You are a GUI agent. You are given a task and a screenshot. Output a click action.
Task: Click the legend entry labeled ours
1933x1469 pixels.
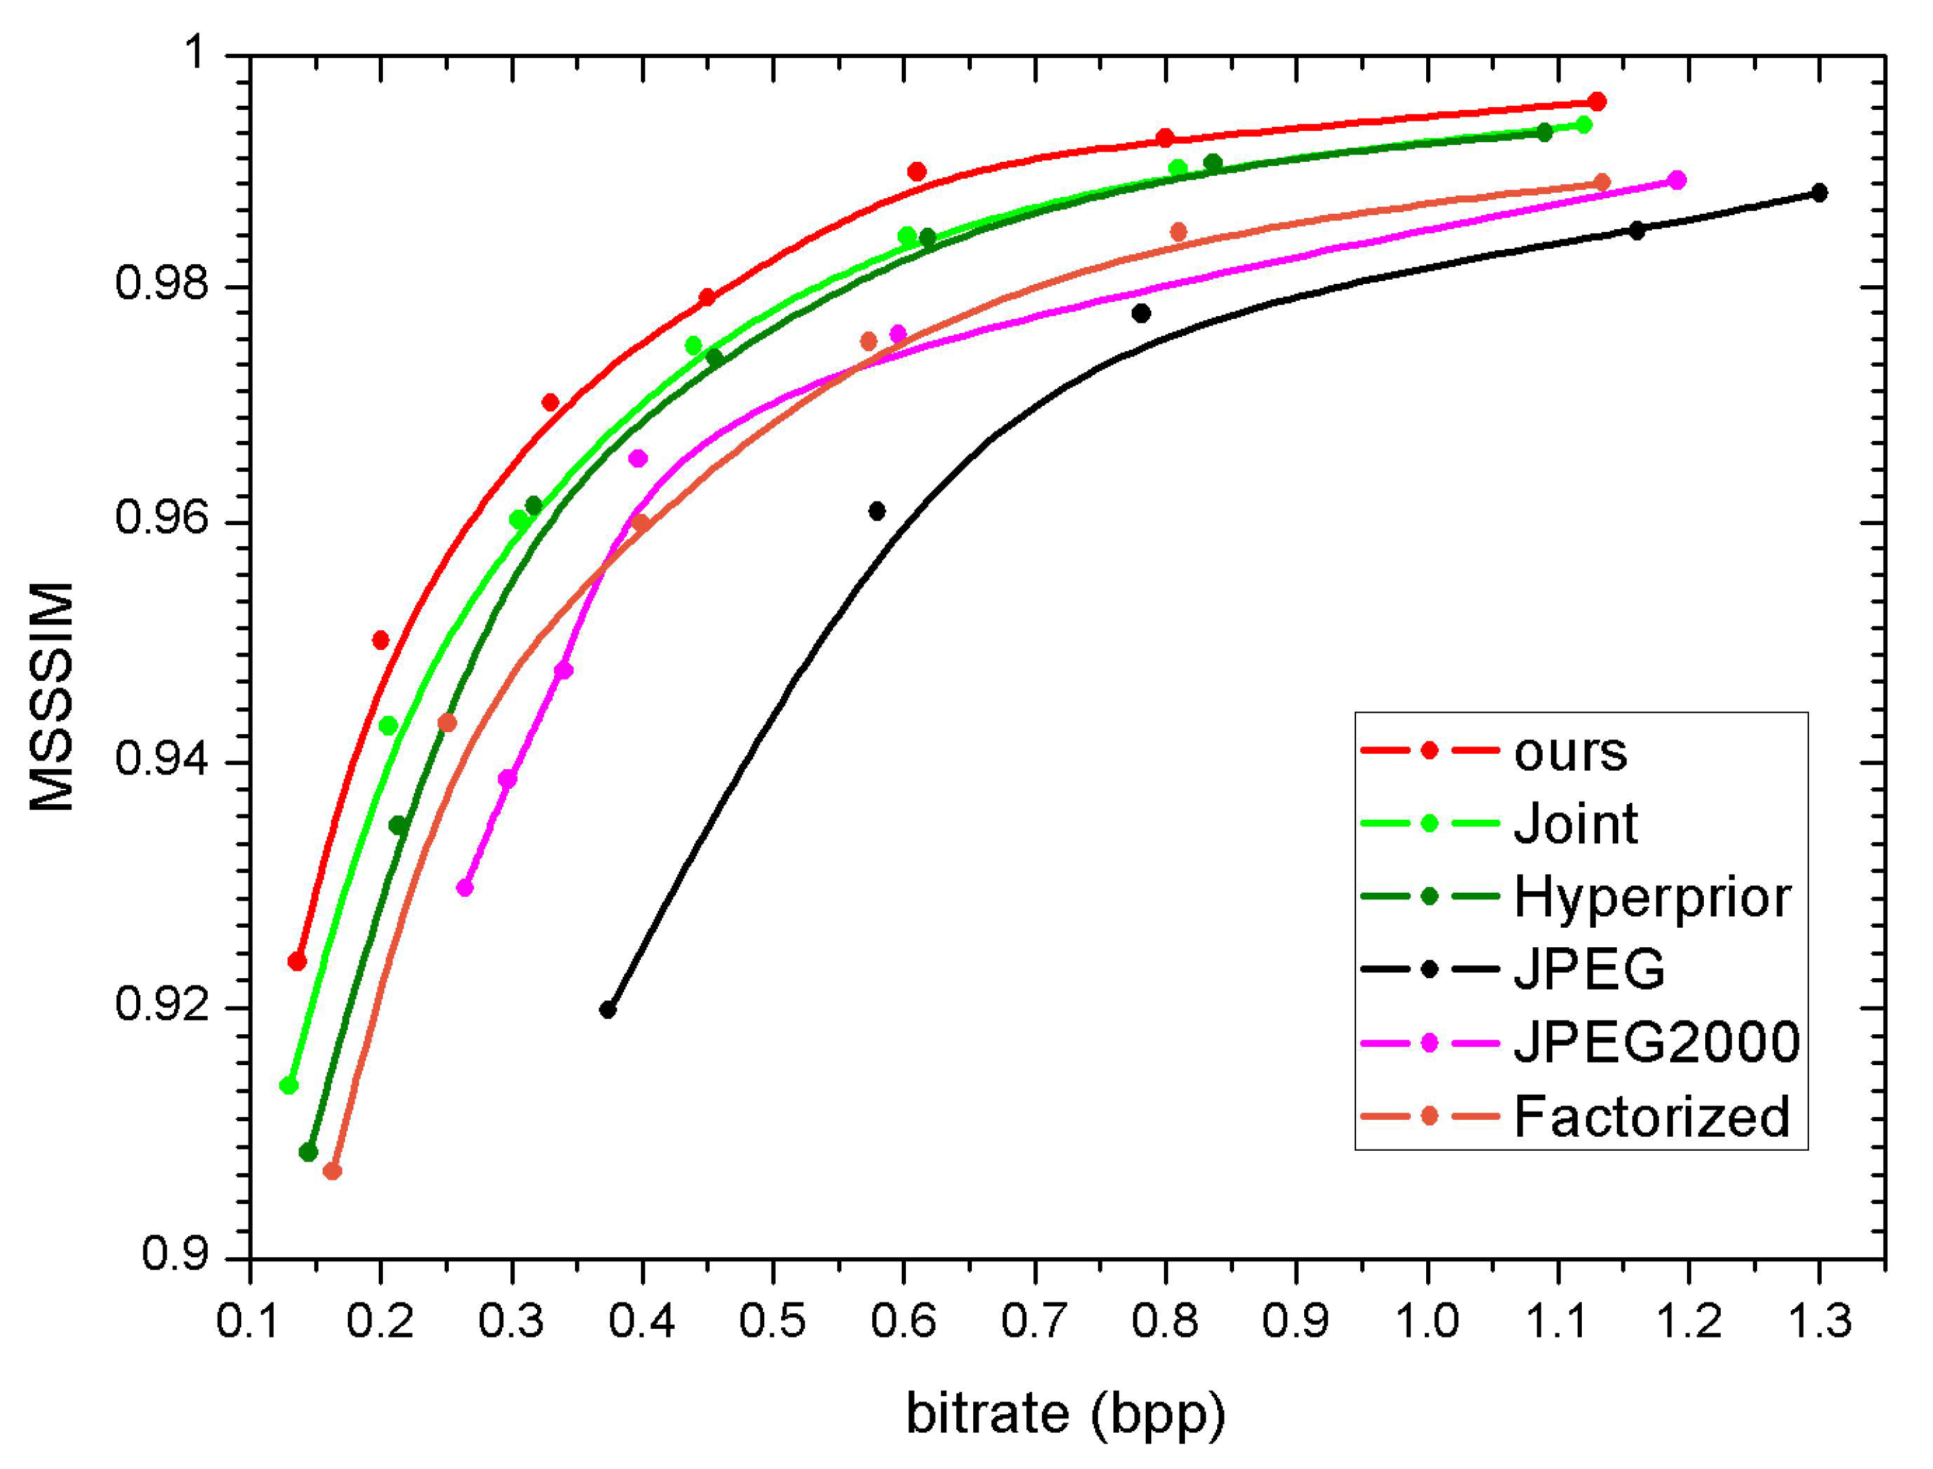[1569, 752]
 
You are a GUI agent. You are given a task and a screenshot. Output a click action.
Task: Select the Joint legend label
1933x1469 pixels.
[1574, 825]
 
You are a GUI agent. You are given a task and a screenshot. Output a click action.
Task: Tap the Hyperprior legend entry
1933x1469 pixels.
[1651, 897]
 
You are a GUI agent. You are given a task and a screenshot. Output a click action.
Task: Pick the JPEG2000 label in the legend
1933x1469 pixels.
[1656, 1042]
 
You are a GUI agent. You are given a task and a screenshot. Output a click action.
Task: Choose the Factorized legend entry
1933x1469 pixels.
[1651, 1116]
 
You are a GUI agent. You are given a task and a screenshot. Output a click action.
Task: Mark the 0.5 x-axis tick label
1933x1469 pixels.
[772, 1321]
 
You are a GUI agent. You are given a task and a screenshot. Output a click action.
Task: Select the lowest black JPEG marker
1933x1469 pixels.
[608, 1010]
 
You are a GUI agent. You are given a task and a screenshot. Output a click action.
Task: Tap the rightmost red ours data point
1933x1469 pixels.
[1597, 101]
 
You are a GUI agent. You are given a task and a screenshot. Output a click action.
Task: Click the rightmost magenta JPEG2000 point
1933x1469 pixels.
[1677, 180]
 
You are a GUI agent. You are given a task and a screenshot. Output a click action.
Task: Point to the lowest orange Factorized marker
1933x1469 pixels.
[332, 1171]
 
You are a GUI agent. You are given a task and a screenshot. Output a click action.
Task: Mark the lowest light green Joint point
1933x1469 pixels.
[288, 1085]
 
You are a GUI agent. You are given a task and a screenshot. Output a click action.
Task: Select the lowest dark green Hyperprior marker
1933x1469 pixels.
[308, 1152]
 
